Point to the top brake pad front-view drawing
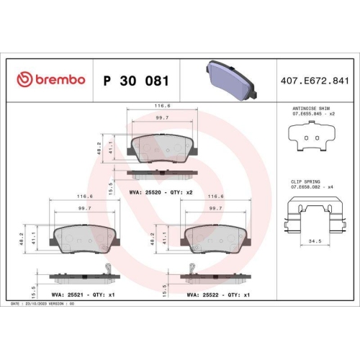point(163,148)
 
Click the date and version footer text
point(45,305)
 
